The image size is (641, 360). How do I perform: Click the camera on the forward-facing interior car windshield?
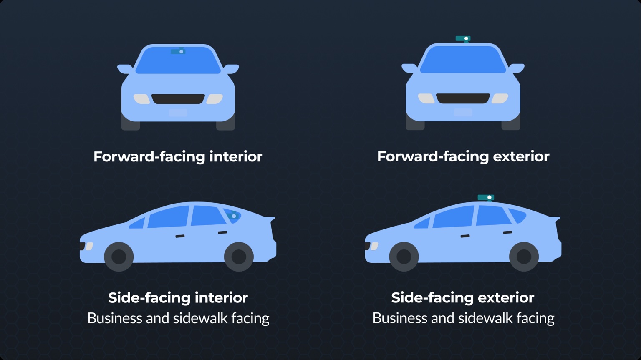(178, 51)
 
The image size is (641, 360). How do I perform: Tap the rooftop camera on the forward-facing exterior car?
(463, 39)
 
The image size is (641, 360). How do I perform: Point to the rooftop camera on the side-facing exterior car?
(486, 198)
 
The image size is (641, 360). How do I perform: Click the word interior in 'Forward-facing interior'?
(236, 156)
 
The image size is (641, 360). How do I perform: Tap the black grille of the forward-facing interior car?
(178, 99)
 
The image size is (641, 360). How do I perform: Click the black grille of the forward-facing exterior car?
(463, 98)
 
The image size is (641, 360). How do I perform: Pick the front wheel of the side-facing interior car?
(119, 257)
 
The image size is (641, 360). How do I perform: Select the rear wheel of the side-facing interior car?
(239, 257)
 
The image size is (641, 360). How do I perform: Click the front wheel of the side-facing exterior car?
(404, 257)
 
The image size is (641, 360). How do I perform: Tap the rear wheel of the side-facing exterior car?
(524, 257)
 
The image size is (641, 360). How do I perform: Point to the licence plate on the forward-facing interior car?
(178, 113)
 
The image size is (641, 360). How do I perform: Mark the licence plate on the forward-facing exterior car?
(463, 112)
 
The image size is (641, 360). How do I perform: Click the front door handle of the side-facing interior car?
(180, 236)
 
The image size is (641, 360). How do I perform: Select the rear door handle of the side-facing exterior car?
(507, 232)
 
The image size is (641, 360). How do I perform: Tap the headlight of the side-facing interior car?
(89, 246)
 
